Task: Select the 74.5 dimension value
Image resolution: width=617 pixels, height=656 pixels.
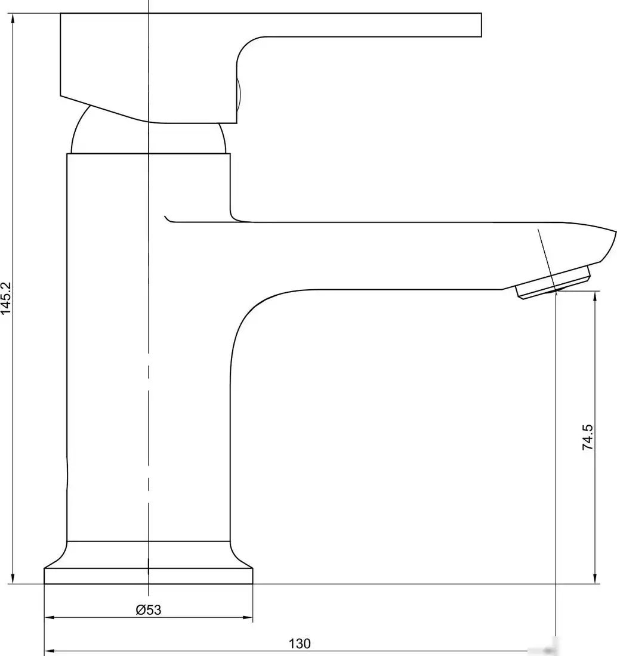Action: pyautogui.click(x=588, y=437)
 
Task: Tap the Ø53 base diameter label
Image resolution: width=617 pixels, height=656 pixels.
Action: pyautogui.click(x=149, y=609)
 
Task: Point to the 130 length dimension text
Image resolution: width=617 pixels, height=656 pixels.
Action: pyautogui.click(x=300, y=643)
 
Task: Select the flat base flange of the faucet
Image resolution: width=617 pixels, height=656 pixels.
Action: pyautogui.click(x=148, y=575)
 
